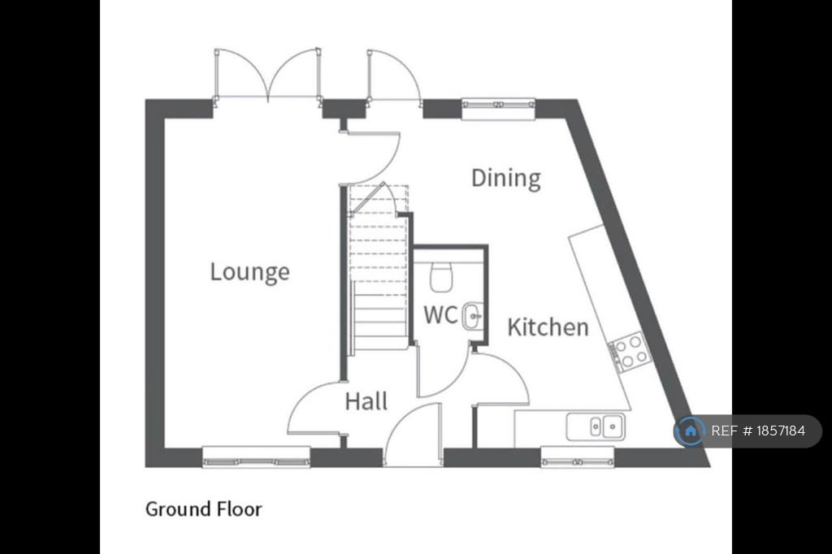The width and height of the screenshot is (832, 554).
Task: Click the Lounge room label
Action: click(x=250, y=272)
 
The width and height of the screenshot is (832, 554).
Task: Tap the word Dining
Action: click(x=506, y=178)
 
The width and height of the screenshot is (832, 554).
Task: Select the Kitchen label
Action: click(x=548, y=327)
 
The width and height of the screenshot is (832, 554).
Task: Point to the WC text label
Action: click(x=440, y=314)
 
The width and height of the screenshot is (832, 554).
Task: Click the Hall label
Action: click(x=366, y=401)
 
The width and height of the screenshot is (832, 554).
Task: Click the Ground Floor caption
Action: click(x=204, y=509)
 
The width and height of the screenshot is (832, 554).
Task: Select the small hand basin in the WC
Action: click(x=472, y=316)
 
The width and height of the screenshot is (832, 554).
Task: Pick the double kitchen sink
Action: click(x=596, y=426)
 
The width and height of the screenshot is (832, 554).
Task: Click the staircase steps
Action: click(x=379, y=267)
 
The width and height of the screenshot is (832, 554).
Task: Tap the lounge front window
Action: click(x=256, y=457)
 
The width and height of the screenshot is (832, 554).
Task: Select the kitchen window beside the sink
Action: click(x=578, y=457)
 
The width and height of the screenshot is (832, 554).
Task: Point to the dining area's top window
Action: click(x=498, y=109)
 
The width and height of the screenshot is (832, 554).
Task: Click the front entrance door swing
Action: click(x=413, y=435)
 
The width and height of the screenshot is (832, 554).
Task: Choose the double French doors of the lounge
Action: click(x=267, y=75)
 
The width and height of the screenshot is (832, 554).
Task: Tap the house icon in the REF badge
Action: click(x=690, y=431)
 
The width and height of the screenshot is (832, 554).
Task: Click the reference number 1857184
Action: click(x=781, y=431)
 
